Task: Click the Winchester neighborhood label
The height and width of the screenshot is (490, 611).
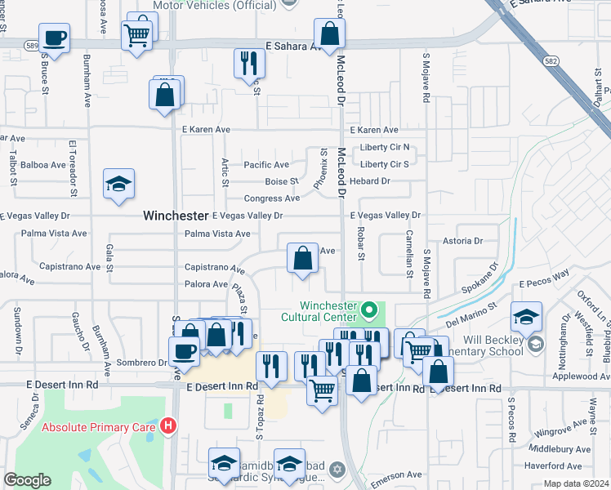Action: (176, 216)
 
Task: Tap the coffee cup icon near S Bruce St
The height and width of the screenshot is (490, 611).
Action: (54, 38)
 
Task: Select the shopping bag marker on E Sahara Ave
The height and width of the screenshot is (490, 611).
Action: (329, 34)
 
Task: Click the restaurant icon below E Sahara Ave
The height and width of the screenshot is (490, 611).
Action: (249, 64)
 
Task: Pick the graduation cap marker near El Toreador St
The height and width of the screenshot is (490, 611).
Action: (118, 185)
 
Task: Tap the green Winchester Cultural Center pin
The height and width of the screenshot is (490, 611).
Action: (368, 310)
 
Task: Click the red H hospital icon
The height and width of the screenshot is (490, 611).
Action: (168, 425)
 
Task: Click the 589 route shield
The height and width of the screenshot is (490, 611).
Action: (32, 44)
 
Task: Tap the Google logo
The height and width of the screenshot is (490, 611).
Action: (27, 480)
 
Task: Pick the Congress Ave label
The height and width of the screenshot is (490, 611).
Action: (272, 198)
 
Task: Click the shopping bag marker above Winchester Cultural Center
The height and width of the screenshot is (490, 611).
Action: (302, 258)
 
